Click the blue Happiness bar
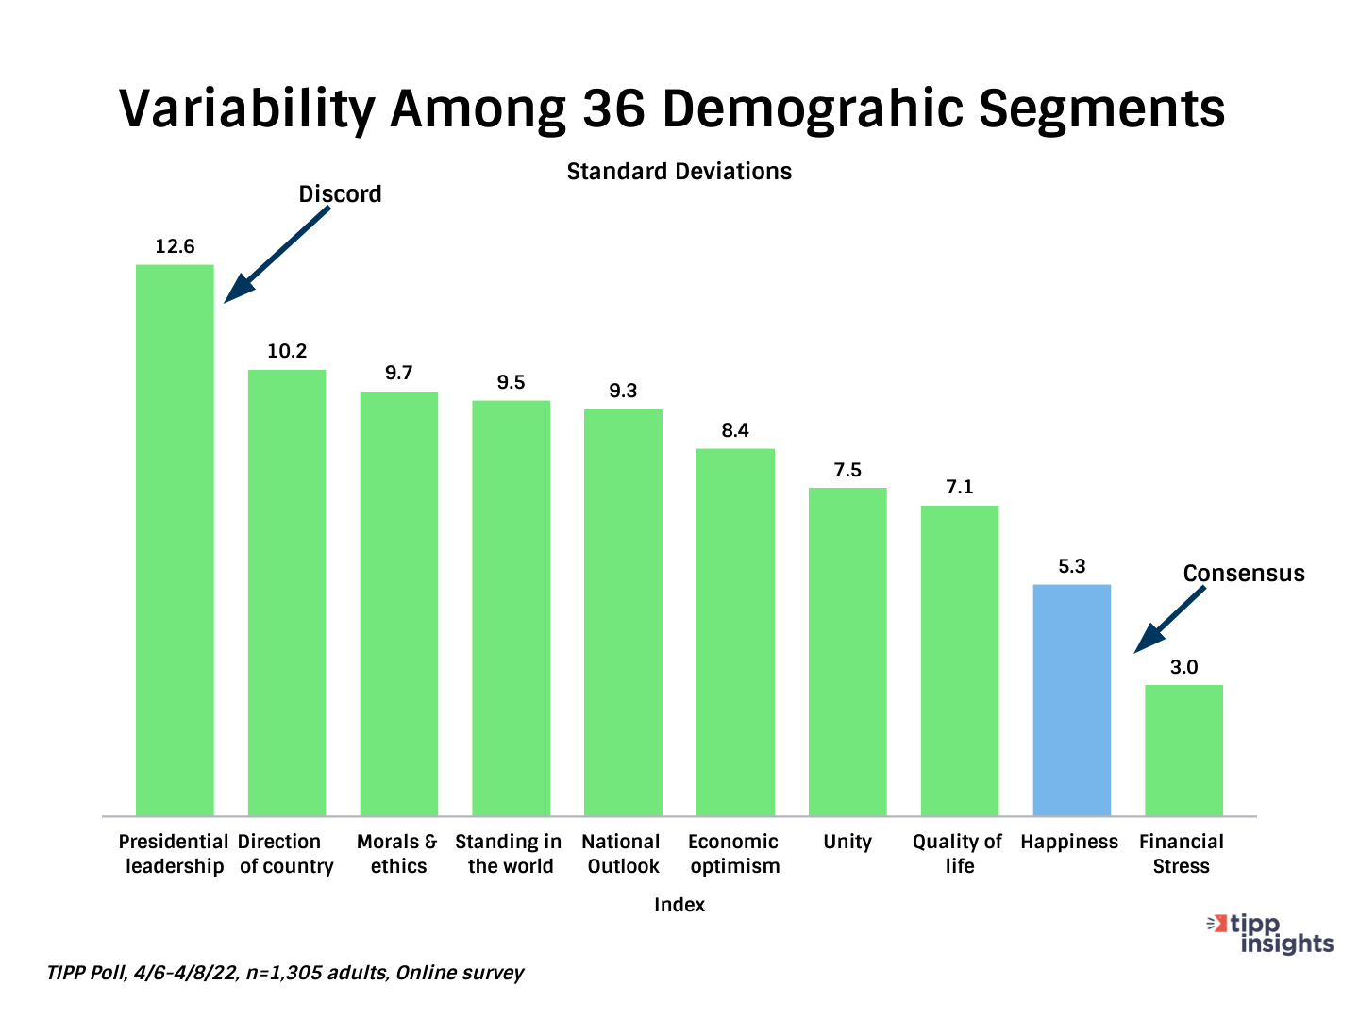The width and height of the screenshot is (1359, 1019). (1071, 700)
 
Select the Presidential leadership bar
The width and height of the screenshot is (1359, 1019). (175, 540)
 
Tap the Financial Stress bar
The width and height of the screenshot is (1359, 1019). (1183, 750)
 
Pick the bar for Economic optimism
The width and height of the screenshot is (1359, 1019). (735, 632)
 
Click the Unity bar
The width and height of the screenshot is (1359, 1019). (847, 651)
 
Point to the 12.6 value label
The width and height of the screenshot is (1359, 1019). (175, 246)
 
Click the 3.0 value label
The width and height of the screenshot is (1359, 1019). (1183, 667)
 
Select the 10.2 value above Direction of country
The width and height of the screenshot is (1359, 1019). (287, 351)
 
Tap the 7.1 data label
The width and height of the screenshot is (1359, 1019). (960, 487)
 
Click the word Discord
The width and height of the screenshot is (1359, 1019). (340, 194)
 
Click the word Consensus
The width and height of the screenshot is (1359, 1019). (1244, 574)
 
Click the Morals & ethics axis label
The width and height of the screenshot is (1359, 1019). (397, 854)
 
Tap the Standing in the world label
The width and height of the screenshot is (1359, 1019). (509, 854)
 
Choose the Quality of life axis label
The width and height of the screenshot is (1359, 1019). (958, 854)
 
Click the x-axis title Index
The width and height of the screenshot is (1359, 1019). (679, 905)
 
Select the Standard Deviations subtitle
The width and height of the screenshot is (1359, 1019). (679, 172)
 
